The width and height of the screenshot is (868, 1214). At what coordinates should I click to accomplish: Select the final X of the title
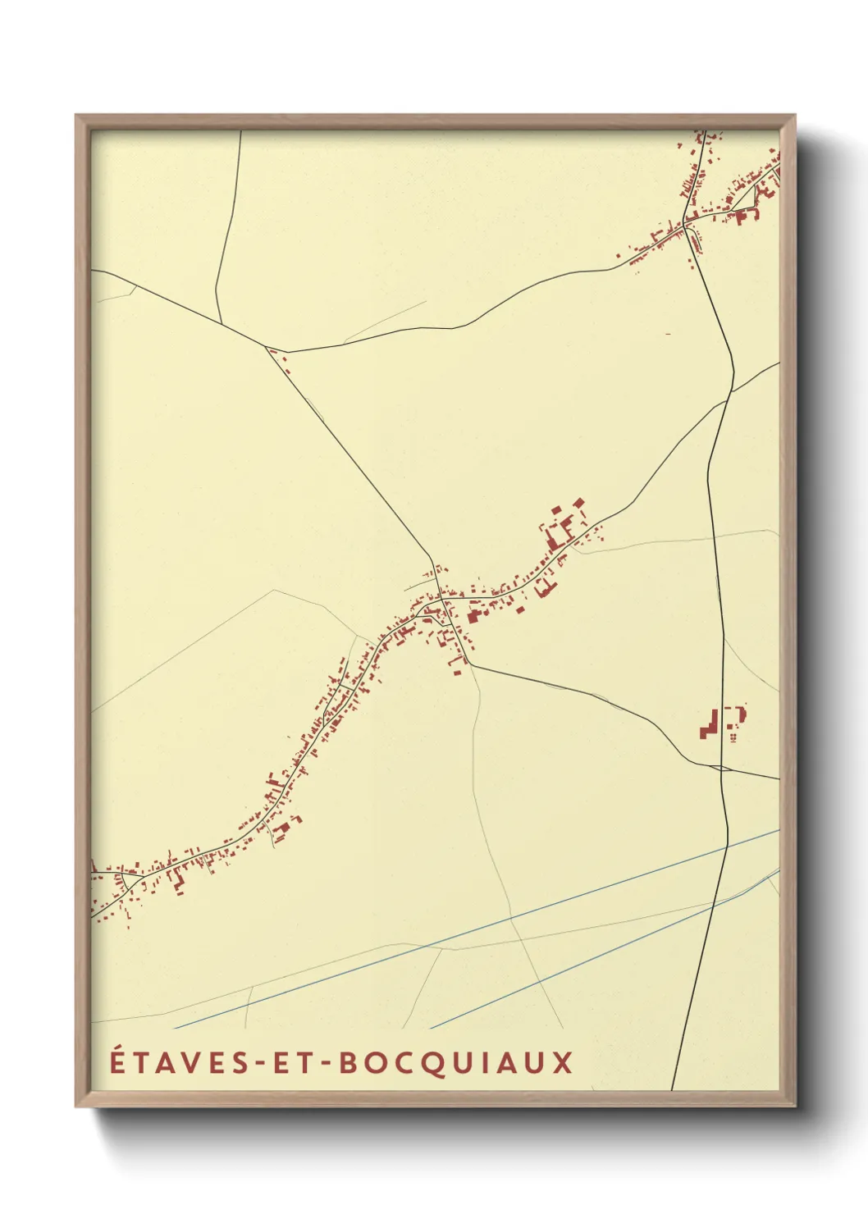coord(562,1063)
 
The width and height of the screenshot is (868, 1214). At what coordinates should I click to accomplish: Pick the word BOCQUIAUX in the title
coord(455,1063)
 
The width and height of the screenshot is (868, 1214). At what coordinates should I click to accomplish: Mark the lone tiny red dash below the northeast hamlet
coord(668,334)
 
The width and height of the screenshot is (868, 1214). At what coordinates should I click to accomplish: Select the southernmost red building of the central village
coord(457,673)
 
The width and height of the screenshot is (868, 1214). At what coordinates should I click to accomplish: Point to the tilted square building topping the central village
coord(578,502)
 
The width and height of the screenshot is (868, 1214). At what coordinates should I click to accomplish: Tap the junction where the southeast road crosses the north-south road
coord(721,769)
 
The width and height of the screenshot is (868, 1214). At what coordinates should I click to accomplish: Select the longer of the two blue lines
coord(476,929)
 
